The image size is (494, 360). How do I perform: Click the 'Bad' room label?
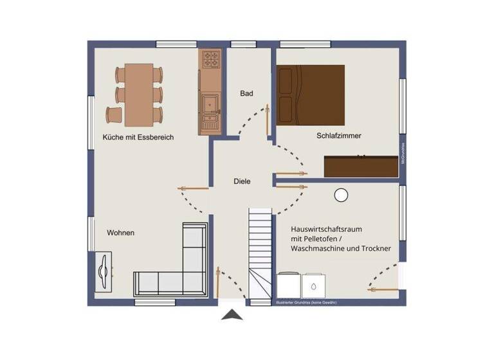pyautogui.click(x=246, y=94)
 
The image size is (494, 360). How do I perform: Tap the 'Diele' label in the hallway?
pyautogui.click(x=242, y=182)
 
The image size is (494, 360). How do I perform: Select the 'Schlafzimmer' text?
pyautogui.click(x=339, y=136)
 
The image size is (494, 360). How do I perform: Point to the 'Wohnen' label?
pyautogui.click(x=121, y=233)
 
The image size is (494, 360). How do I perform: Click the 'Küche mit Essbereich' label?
pyautogui.click(x=138, y=138)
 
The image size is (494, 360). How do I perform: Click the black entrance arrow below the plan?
pyautogui.click(x=232, y=314)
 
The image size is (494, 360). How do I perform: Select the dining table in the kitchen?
pyautogui.click(x=139, y=94)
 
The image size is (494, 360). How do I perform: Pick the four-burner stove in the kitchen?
pyautogui.click(x=210, y=60)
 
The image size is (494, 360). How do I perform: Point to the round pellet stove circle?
pyautogui.click(x=341, y=195)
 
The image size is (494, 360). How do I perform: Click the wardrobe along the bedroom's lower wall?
pyautogui.click(x=361, y=166)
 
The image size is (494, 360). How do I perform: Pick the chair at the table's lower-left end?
pyautogui.click(x=114, y=115)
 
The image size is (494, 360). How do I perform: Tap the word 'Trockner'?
pyautogui.click(x=374, y=248)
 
